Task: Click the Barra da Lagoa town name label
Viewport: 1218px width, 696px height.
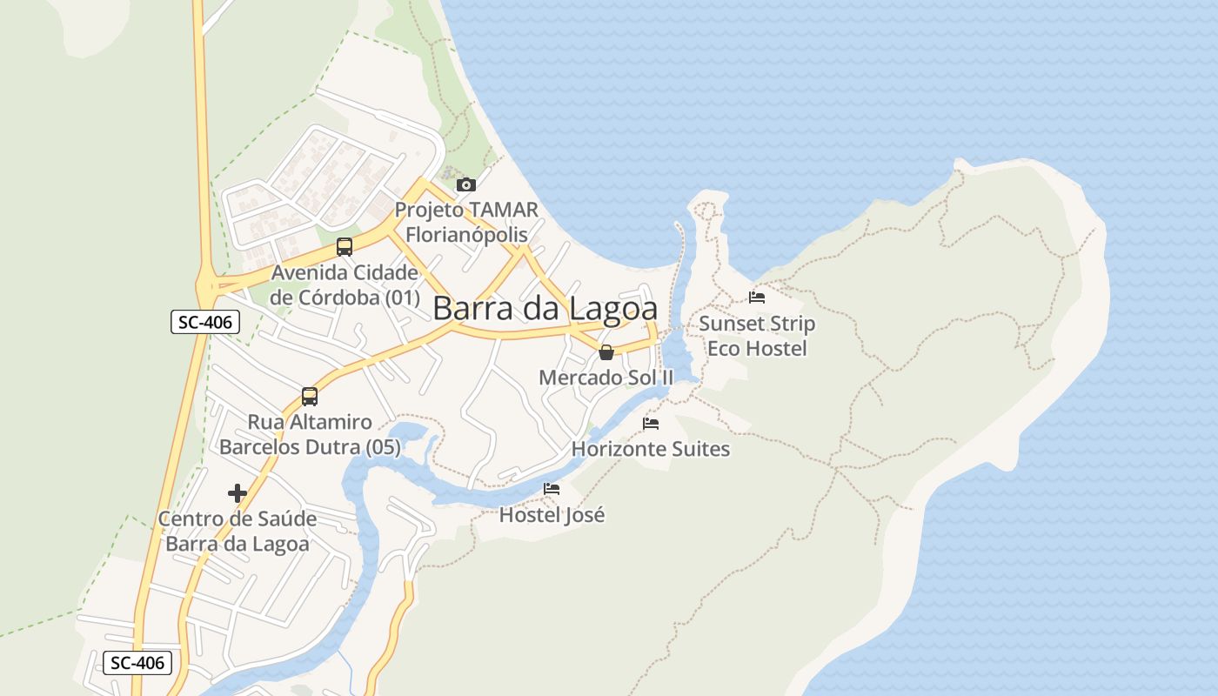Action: pos(545,309)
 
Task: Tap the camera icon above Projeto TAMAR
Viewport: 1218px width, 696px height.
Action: pos(466,184)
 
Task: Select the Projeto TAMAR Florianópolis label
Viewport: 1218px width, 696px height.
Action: pos(466,222)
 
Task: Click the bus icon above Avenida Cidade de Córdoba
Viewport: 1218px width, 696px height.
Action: pos(345,246)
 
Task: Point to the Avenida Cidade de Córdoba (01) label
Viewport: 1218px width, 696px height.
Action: pos(345,284)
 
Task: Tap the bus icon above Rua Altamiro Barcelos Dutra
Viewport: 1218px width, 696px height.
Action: pos(310,397)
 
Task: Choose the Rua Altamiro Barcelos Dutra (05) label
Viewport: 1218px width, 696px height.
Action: pos(310,435)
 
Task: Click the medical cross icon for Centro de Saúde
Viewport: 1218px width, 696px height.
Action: pos(238,493)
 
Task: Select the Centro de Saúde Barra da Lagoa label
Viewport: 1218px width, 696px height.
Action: pos(238,532)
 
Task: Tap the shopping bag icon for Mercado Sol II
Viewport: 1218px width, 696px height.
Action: pos(606,352)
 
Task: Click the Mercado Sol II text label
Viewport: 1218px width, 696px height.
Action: pos(606,378)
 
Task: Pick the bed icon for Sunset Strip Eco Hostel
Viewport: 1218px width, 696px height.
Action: pos(757,298)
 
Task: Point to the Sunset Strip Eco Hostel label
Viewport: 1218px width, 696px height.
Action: pos(757,336)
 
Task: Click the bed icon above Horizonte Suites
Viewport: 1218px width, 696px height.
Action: pos(651,424)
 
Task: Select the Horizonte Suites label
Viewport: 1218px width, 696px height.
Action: pos(651,449)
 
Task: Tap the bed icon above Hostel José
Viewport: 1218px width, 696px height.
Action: pos(552,489)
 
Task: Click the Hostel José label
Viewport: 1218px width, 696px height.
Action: pos(552,515)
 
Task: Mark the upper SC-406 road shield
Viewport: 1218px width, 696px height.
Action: pos(204,322)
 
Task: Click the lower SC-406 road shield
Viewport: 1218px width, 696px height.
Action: pos(137,663)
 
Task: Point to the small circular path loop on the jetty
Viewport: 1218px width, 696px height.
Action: pos(707,210)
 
